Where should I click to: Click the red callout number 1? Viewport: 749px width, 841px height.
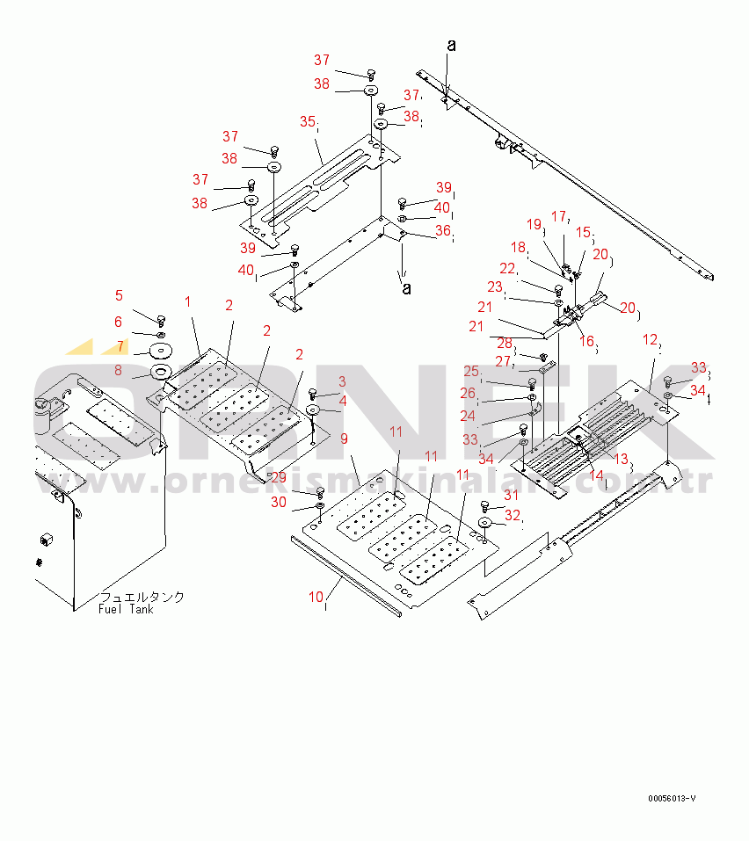pos(187,301)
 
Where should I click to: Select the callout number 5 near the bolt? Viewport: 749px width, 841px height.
pos(120,295)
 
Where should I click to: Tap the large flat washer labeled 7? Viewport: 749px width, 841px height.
pos(161,351)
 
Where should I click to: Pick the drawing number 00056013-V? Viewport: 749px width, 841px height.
pos(673,798)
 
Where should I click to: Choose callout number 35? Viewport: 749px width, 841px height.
pos(307,120)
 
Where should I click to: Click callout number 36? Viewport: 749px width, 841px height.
pos(443,230)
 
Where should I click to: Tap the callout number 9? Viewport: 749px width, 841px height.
pos(345,438)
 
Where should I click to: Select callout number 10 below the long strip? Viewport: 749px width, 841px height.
pos(316,597)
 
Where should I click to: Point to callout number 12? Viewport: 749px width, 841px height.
pos(650,338)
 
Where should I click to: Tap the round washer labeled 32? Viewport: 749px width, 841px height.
pos(484,525)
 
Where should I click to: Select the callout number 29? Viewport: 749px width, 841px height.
pos(278,477)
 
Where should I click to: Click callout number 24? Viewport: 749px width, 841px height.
pos(469,416)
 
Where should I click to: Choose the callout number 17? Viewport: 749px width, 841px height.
pos(559,215)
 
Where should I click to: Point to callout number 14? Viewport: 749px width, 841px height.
pos(597,475)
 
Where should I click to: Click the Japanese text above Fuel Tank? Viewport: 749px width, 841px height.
pos(142,597)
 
